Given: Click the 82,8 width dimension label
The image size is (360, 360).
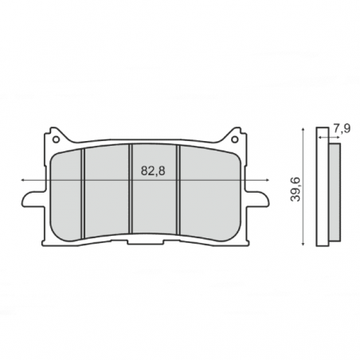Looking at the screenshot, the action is tap(153, 171).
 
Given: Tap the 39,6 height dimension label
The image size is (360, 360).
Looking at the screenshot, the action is tap(295, 189).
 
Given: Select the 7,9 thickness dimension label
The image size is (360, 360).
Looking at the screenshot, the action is tap(342, 128).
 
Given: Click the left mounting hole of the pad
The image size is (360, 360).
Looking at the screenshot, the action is tap(56, 139).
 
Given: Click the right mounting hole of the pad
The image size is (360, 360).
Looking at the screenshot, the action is tap(234, 139).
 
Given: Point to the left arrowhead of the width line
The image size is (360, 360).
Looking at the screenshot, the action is tap(23, 180).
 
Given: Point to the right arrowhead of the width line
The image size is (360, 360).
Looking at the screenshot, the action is tap(268, 180).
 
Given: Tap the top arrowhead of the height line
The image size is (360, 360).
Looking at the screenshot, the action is tap(303, 129).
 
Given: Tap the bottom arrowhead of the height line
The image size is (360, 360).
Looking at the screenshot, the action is tap(303, 244).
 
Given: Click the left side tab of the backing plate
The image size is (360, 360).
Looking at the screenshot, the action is tap(33, 199).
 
